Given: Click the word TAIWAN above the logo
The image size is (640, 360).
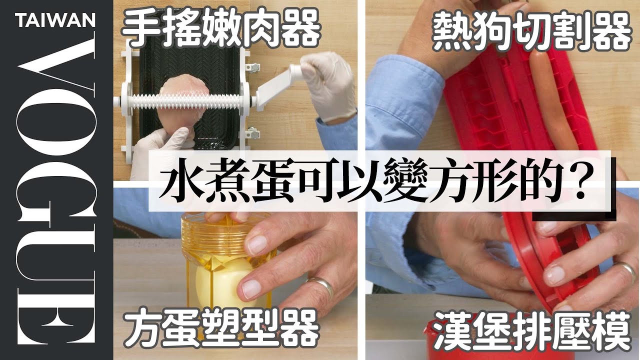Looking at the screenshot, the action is click(x=55, y=20).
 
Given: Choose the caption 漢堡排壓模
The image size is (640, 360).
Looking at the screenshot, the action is click(x=532, y=334).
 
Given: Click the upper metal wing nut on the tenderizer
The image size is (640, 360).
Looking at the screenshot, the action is click(x=253, y=68).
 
